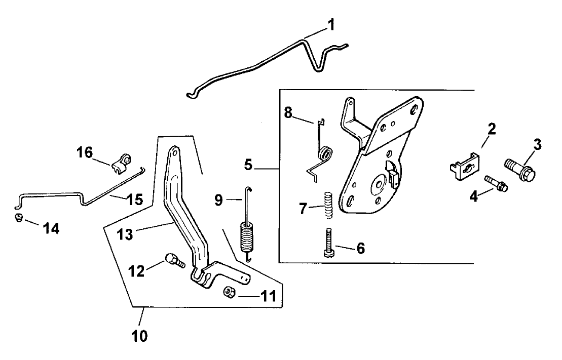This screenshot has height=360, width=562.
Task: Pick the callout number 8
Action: (x=288, y=112)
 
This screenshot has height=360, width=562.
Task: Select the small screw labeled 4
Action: (x=496, y=183)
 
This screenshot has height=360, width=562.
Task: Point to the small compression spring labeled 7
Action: (x=328, y=204)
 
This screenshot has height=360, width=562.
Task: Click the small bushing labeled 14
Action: (x=19, y=218)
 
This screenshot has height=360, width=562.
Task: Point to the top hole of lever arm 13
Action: (x=173, y=150)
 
